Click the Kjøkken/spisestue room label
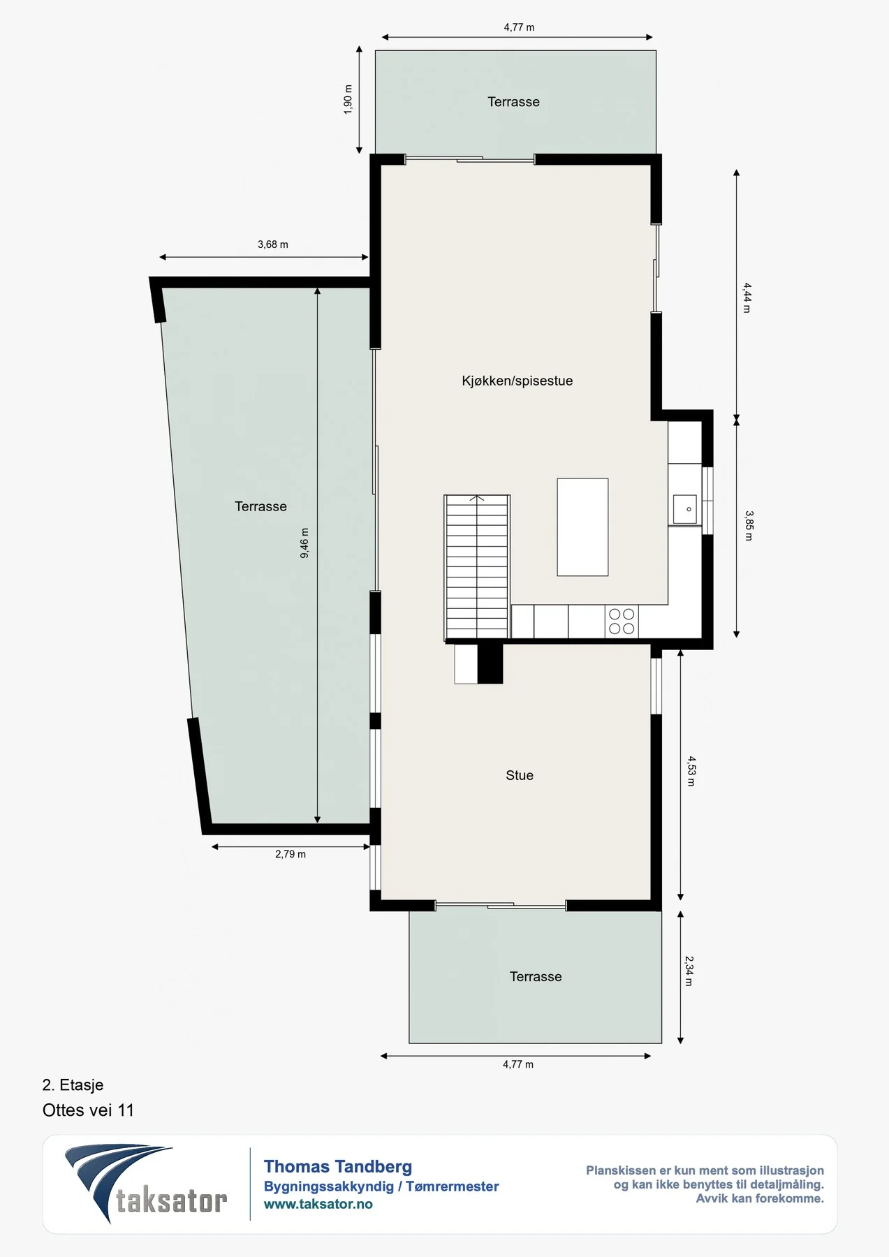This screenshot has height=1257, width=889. (x=517, y=381)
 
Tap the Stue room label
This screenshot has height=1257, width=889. (x=520, y=775)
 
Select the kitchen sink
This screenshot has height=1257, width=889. (x=684, y=509)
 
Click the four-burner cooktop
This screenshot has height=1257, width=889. (x=622, y=622)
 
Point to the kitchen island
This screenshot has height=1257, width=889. (x=582, y=527)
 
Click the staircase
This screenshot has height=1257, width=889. (x=477, y=568)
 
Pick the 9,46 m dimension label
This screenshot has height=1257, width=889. (x=304, y=543)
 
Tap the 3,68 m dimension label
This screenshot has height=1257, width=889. (x=273, y=244)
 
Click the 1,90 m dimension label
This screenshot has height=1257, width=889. (x=348, y=99)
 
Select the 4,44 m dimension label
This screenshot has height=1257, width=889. (x=747, y=297)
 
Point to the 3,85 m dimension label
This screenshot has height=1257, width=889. (x=749, y=526)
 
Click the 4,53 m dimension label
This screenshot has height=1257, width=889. (x=691, y=771)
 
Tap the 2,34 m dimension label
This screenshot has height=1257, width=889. (x=689, y=971)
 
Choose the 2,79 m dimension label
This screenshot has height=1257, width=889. (x=291, y=854)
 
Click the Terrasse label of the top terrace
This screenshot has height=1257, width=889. (x=513, y=102)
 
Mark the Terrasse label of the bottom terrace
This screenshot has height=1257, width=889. (x=536, y=977)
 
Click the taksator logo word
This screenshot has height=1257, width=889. (x=172, y=1201)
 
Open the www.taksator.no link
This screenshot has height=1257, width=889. (x=318, y=1204)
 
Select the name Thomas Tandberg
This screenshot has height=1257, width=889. (x=338, y=1166)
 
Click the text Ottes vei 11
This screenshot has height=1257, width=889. (x=88, y=1110)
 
